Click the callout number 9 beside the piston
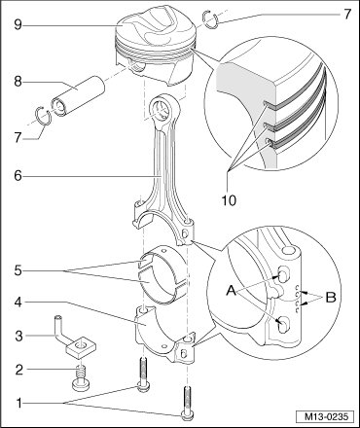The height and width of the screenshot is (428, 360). [x=18, y=24]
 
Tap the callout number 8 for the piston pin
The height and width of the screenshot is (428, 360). [x=18, y=81]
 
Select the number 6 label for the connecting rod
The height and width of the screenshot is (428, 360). [x=18, y=176]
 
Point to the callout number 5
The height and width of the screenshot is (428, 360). [x=18, y=270]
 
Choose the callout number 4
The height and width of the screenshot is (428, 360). [x=18, y=303]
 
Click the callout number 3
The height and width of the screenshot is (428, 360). [x=18, y=336]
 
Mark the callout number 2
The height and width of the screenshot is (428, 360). [x=19, y=370]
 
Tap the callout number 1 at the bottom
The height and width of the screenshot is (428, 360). [x=18, y=403]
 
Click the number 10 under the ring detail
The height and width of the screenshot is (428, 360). [x=229, y=200]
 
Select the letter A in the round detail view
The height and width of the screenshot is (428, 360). [x=232, y=291]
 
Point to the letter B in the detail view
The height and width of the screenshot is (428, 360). [x=331, y=298]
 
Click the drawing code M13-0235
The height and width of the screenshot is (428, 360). [x=325, y=416]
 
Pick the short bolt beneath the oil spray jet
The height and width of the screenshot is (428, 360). [x=80, y=379]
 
